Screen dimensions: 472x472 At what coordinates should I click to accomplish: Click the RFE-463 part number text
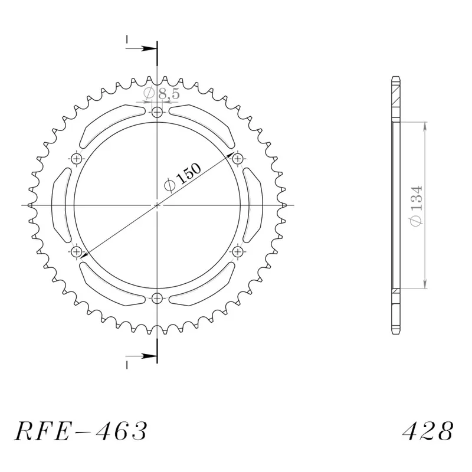click(81, 431)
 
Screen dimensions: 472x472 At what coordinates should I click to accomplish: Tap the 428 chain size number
click(428, 431)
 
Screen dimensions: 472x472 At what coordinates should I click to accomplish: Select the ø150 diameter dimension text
click(182, 178)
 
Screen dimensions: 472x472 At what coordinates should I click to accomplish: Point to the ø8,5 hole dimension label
click(162, 94)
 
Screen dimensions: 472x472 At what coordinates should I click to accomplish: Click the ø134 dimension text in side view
click(417, 206)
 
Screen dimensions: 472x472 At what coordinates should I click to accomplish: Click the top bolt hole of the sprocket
click(157, 113)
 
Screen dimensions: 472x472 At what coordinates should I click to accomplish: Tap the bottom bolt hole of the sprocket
click(157, 299)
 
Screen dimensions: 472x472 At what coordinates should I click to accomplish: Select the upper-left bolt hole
click(77, 158)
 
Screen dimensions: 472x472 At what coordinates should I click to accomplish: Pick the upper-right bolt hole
click(238, 158)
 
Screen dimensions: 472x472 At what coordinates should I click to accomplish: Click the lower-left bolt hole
click(77, 251)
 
